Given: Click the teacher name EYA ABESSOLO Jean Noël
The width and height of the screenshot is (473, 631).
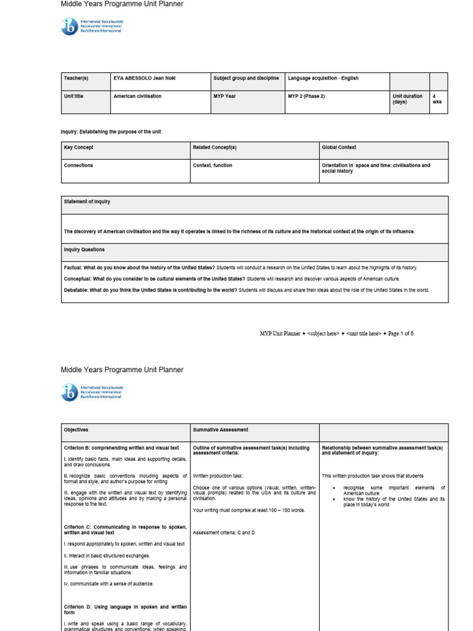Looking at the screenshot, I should (x=144, y=78).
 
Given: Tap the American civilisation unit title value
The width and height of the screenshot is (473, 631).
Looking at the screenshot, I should (x=137, y=96).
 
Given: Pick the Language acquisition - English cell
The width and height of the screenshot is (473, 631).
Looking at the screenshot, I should (x=323, y=78).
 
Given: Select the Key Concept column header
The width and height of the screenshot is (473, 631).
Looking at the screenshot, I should (x=79, y=148).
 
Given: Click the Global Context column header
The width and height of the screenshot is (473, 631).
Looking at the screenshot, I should (x=339, y=148).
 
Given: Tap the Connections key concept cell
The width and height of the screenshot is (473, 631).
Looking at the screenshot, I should (x=79, y=166).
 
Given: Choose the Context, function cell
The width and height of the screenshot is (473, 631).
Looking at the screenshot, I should (x=212, y=166).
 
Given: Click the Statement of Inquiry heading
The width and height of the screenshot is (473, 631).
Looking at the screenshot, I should (x=87, y=202).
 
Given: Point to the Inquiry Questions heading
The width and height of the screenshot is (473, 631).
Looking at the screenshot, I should (x=84, y=250).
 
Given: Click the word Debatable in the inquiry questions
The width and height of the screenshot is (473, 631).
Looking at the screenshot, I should (x=76, y=290).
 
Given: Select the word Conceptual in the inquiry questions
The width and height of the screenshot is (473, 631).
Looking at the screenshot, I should (x=78, y=279).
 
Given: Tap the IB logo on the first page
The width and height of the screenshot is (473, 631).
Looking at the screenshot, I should (x=69, y=26).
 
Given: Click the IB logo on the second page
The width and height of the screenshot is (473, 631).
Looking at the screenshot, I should (x=69, y=392).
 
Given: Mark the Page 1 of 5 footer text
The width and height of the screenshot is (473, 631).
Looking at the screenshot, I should (x=400, y=333).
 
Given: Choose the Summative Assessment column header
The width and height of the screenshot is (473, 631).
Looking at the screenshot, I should (x=220, y=429).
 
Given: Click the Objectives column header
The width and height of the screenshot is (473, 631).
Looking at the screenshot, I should (x=76, y=429).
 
